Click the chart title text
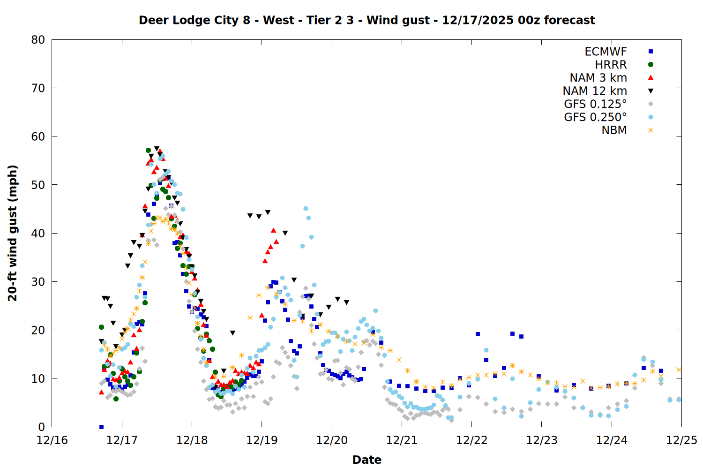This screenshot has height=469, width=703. (366, 20)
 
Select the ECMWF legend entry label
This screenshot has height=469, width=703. (606, 52)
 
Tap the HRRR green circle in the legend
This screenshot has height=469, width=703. (651, 65)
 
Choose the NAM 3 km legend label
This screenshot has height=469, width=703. (598, 78)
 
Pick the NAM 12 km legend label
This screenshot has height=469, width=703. (595, 91)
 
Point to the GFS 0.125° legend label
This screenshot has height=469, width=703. (595, 104)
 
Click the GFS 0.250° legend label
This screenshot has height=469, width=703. (595, 117)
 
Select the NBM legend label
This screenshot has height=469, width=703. (614, 130)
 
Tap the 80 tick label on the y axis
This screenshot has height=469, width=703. (38, 40)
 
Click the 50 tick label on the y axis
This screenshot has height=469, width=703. (38, 185)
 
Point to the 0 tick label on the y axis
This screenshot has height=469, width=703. (42, 427)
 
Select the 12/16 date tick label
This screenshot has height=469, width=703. (52, 440)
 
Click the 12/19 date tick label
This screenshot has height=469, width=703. (262, 440)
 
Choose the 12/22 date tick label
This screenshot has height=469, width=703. (471, 440)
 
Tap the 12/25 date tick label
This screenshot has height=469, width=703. (681, 440)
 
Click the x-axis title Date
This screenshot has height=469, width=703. (366, 460)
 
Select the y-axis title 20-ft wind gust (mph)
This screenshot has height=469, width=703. (13, 233)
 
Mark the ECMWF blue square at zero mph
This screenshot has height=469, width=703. (101, 427)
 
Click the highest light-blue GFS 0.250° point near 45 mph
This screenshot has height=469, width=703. (306, 209)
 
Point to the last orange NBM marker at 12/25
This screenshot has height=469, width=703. (679, 370)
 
